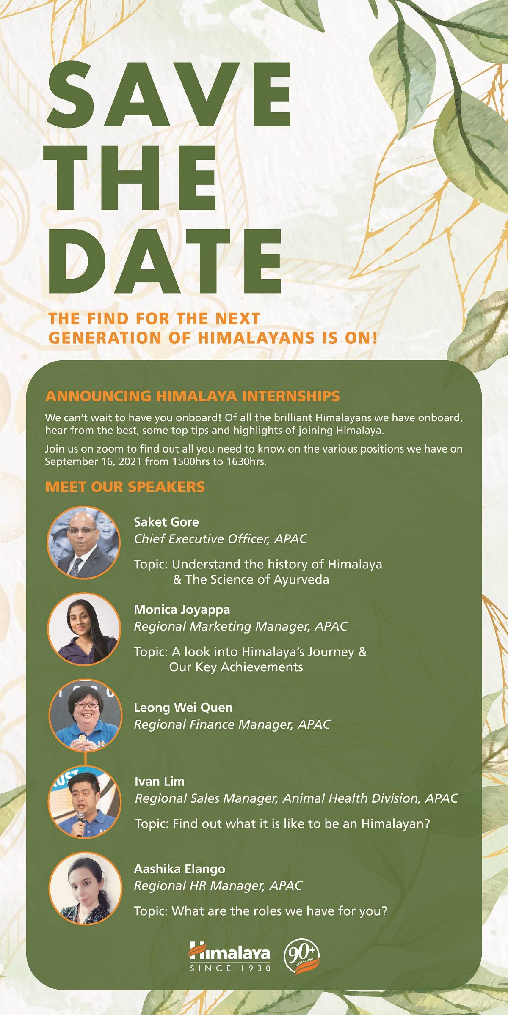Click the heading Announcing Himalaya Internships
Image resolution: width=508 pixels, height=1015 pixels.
[x=192, y=396]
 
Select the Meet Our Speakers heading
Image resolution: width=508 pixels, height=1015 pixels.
[x=125, y=487]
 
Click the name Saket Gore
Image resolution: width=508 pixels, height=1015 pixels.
[x=166, y=522]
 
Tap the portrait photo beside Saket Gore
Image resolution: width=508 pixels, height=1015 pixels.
[x=84, y=543]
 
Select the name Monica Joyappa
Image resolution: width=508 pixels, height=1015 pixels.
[x=182, y=609]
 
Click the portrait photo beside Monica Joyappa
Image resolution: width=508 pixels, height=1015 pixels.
[x=84, y=629]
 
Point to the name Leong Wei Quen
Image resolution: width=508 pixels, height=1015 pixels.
[x=183, y=708]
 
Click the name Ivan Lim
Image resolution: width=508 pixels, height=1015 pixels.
[x=160, y=781]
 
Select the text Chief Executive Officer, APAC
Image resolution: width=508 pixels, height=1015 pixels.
[x=220, y=539]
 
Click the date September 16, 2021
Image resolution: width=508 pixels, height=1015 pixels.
[x=94, y=461]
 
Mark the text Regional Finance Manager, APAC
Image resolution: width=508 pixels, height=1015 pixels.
[x=232, y=724]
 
